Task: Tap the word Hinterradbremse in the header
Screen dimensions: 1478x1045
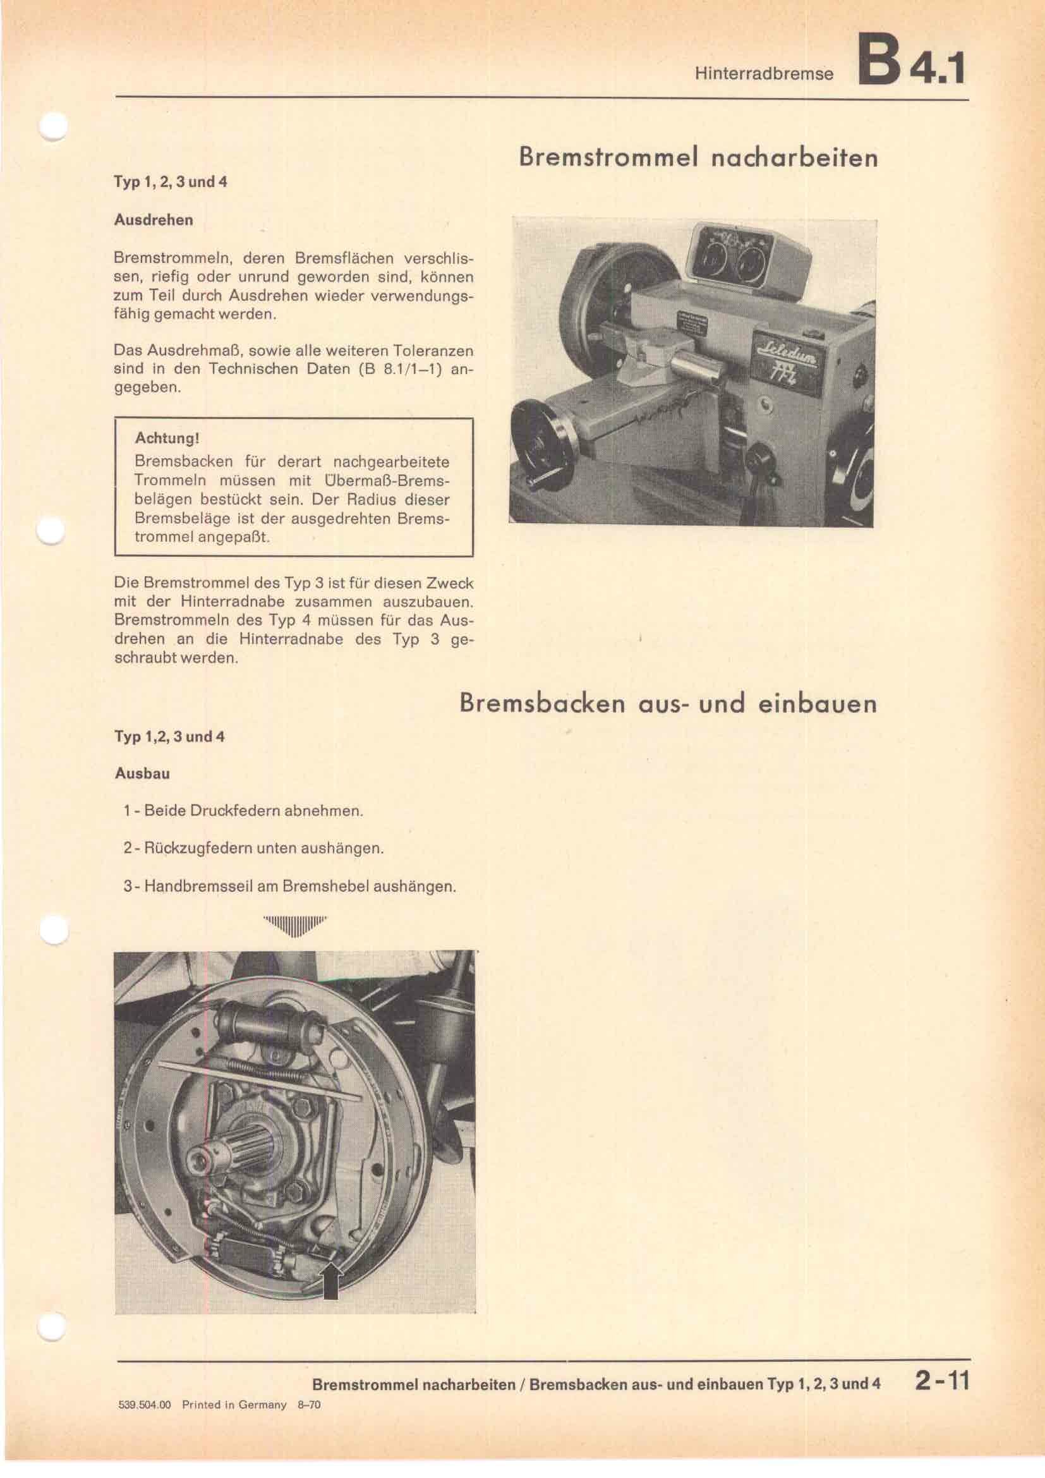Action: click(x=763, y=74)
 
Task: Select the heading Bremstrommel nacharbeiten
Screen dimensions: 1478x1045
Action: click(x=698, y=158)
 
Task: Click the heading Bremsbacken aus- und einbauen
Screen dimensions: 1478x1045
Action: click(x=668, y=703)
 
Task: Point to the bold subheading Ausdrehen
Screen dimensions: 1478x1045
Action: click(x=153, y=220)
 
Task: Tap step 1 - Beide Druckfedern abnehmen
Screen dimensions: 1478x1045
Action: click(x=243, y=811)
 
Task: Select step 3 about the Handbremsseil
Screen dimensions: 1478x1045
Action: click(x=289, y=887)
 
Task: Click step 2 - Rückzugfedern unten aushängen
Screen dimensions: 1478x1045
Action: click(x=253, y=849)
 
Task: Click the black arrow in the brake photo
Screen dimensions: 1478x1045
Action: click(x=330, y=1262)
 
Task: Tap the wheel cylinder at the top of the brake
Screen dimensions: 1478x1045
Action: click(x=270, y=1025)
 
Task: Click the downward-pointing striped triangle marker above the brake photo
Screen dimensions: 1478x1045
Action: click(x=294, y=925)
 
